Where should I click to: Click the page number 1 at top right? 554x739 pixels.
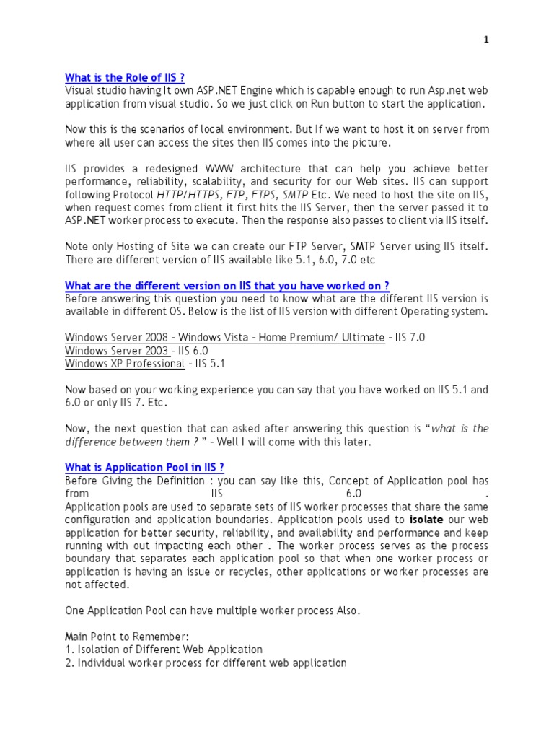[486, 40]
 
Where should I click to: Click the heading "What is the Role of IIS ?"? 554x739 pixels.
[129, 78]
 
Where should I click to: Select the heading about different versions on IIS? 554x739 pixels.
[227, 286]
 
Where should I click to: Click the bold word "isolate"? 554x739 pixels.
[426, 520]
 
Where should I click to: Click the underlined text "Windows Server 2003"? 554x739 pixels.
[116, 351]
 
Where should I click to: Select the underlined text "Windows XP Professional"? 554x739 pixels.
[125, 364]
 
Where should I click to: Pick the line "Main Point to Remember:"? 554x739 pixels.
[126, 637]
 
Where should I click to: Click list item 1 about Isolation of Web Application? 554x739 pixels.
[164, 650]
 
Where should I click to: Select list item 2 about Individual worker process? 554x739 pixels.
[206, 663]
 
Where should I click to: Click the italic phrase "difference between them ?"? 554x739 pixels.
[132, 442]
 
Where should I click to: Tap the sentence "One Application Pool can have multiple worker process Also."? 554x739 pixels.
[212, 611]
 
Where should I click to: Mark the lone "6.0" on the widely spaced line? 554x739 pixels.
[353, 494]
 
